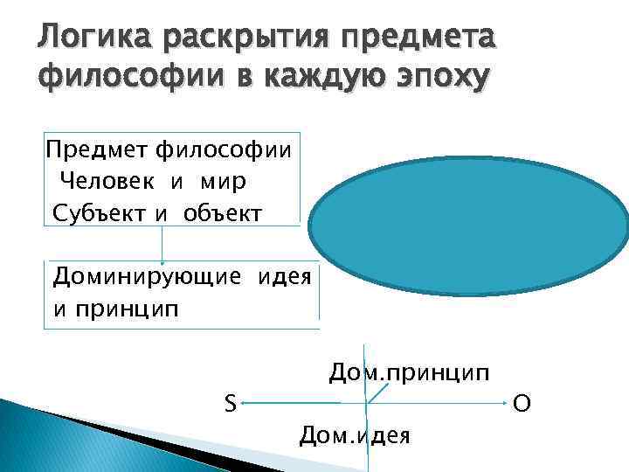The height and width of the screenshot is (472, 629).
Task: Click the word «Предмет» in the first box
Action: tap(97, 149)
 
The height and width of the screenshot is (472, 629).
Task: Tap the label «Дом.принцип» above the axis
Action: tap(409, 373)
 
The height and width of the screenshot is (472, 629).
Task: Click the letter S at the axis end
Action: tap(229, 404)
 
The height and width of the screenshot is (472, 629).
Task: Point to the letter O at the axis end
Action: tap(521, 405)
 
